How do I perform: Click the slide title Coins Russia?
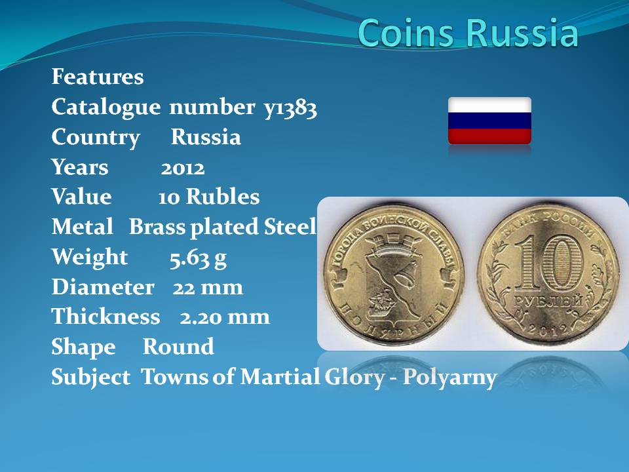pyautogui.click(x=468, y=32)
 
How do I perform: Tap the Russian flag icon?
pyautogui.click(x=489, y=121)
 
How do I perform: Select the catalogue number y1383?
pyautogui.click(x=290, y=108)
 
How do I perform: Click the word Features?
pyautogui.click(x=98, y=76)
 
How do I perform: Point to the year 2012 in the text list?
pyautogui.click(x=183, y=167)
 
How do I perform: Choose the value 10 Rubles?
pyautogui.click(x=208, y=197)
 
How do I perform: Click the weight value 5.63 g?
pyautogui.click(x=198, y=258)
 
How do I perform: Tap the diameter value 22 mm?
pyautogui.click(x=208, y=287)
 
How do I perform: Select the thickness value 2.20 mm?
pyautogui.click(x=225, y=317)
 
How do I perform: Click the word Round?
pyautogui.click(x=178, y=346)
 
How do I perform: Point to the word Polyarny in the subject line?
pyautogui.click(x=449, y=378)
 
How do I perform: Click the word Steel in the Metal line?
pyautogui.click(x=290, y=227)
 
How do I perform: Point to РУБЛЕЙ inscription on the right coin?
pyautogui.click(x=548, y=302)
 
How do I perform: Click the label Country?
pyautogui.click(x=96, y=138)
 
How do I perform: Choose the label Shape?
pyautogui.click(x=83, y=347)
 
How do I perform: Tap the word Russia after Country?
pyautogui.click(x=206, y=137)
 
